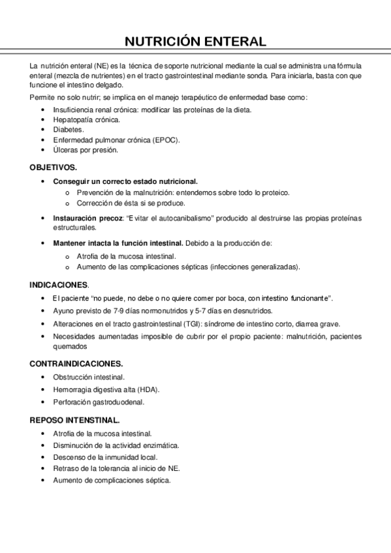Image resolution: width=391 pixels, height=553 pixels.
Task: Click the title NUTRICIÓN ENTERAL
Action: click(x=195, y=42)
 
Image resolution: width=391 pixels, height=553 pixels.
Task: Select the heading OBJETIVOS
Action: click(x=53, y=167)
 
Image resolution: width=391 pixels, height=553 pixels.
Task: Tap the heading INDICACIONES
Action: click(x=59, y=285)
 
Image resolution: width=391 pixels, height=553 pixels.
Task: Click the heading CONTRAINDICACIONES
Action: click(x=76, y=363)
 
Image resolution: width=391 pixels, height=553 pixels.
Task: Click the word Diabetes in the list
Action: click(x=68, y=130)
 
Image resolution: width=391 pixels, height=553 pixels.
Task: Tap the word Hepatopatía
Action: click(x=72, y=120)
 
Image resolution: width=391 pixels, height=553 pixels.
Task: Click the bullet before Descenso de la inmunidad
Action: click(x=43, y=456)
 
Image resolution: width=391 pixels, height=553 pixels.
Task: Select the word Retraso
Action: click(x=66, y=468)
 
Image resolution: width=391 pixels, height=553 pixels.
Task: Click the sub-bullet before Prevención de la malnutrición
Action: click(x=69, y=193)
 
